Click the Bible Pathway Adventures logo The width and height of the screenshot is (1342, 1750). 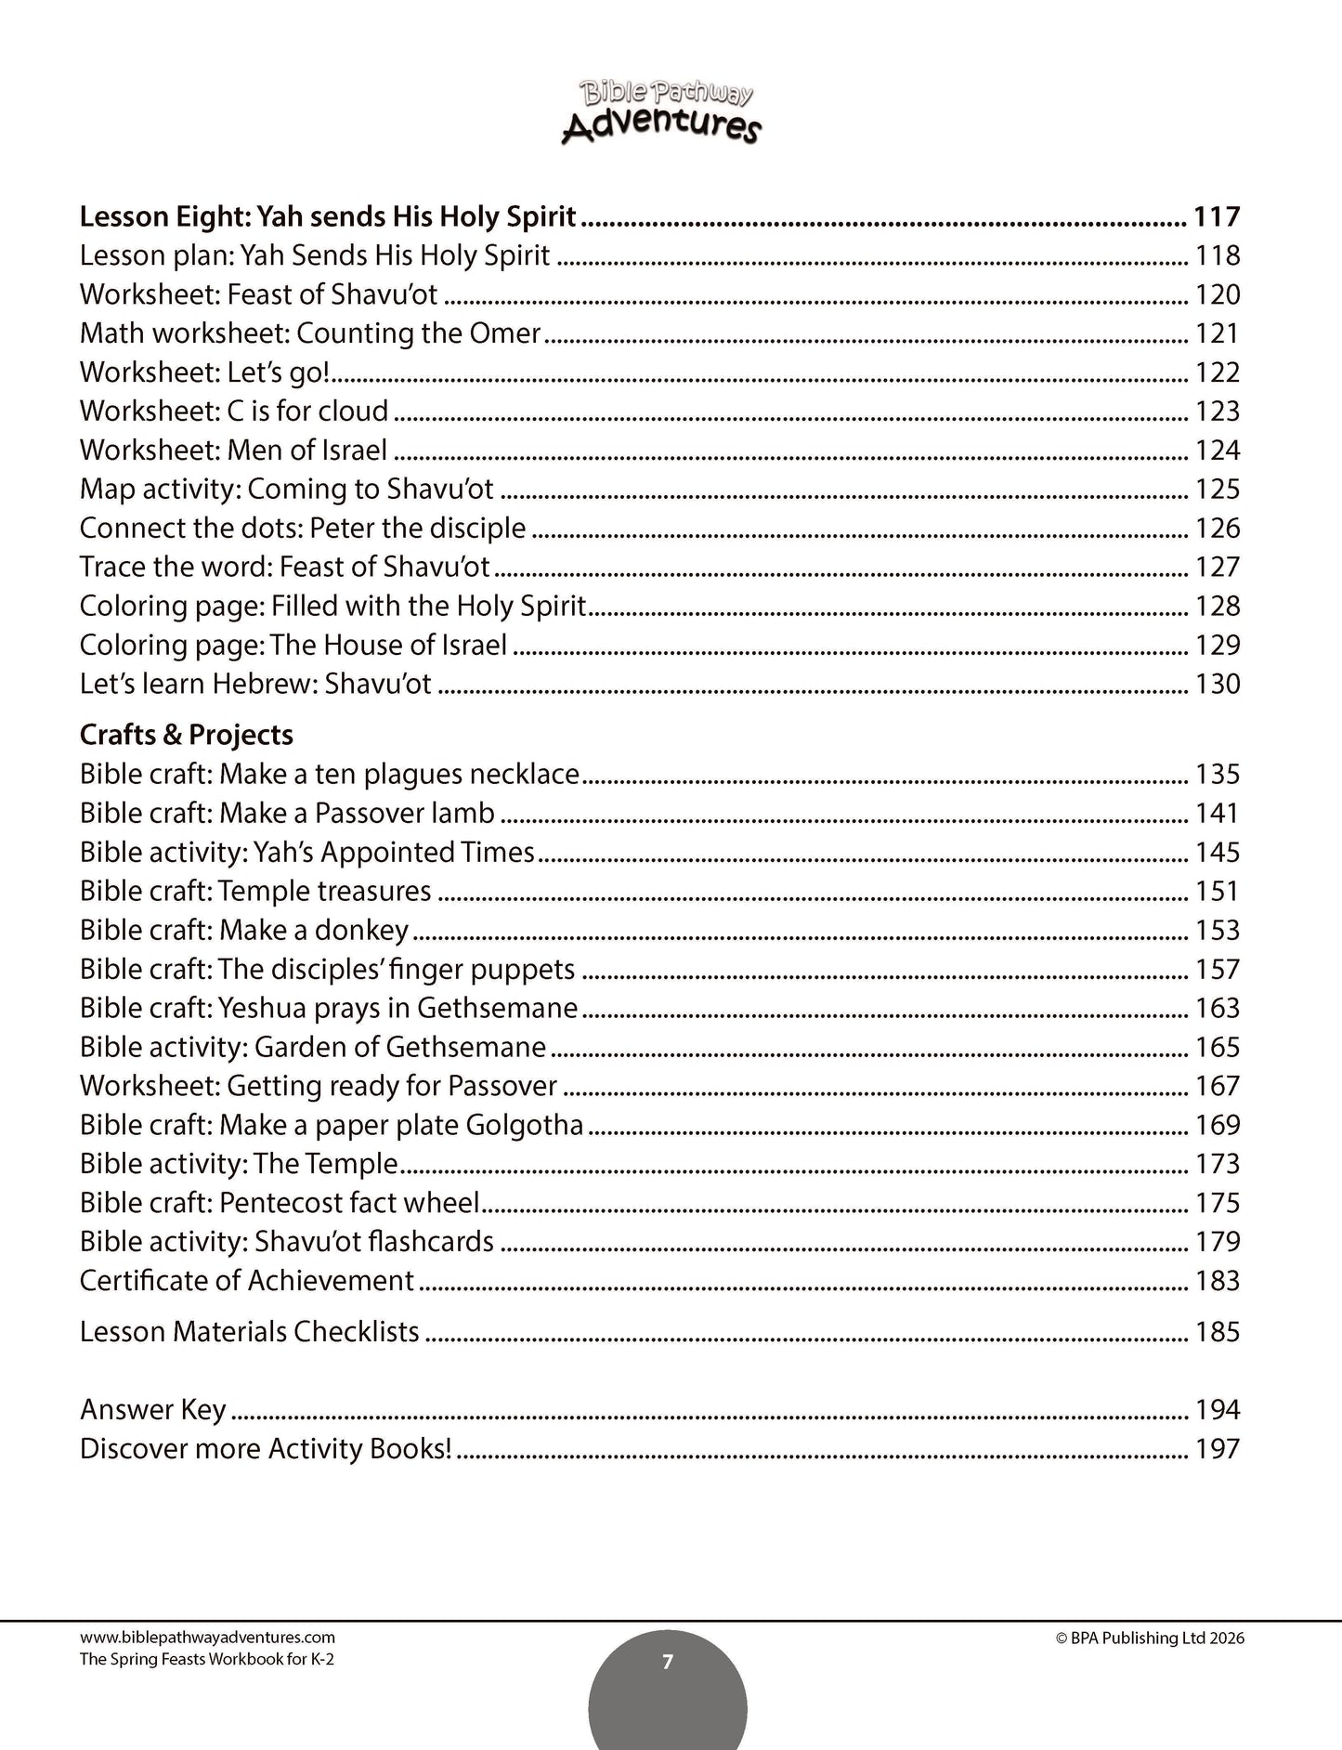click(x=661, y=111)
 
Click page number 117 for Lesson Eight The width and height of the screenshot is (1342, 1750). click(x=1217, y=217)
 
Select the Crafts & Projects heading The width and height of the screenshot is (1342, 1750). click(x=186, y=735)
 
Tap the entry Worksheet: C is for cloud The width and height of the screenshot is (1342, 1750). click(x=234, y=411)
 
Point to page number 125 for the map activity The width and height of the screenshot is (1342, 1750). click(x=1217, y=489)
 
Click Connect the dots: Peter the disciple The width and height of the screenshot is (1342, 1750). click(x=303, y=528)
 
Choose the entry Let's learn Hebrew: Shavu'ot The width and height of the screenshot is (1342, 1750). click(x=255, y=684)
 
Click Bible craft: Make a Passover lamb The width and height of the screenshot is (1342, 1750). click(x=287, y=813)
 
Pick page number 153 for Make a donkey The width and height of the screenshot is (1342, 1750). click(x=1217, y=930)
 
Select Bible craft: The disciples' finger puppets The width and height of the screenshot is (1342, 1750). click(x=327, y=969)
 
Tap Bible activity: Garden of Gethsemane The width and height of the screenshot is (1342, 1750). click(x=313, y=1047)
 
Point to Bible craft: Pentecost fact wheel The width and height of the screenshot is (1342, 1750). click(x=280, y=1203)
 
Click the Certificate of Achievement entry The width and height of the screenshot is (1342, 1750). click(x=247, y=1281)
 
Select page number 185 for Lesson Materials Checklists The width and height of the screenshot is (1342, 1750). click(x=1217, y=1332)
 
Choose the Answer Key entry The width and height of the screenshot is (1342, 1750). click(x=153, y=1410)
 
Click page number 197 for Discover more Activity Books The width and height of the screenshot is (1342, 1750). click(x=1217, y=1449)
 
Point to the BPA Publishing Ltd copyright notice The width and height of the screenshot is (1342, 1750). click(x=1150, y=1639)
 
